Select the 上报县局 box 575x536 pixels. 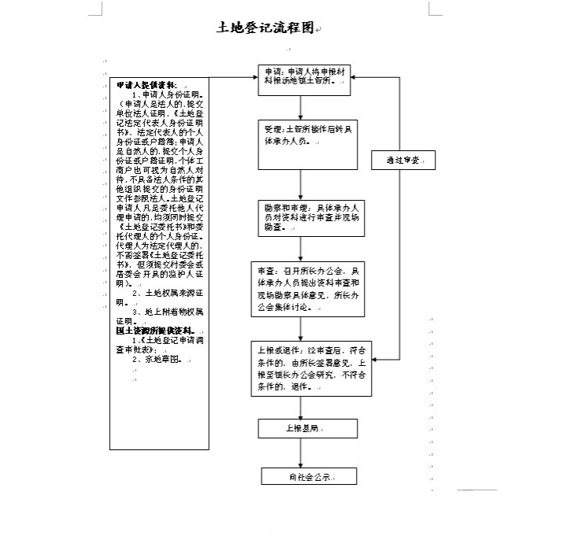click(308, 428)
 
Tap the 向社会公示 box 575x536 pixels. click(308, 477)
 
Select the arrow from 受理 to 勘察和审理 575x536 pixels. click(300, 185)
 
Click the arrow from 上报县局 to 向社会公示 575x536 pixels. click(300, 453)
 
